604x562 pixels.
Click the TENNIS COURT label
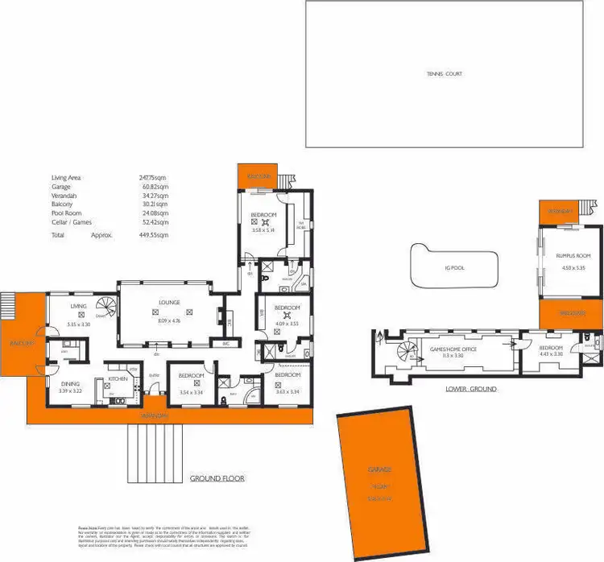[445, 74]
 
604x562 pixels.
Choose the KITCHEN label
[118, 377]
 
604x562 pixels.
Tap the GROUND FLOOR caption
[217, 478]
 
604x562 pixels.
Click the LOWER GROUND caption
[470, 389]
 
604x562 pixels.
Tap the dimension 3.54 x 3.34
[190, 392]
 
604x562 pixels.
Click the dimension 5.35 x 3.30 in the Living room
[78, 324]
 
